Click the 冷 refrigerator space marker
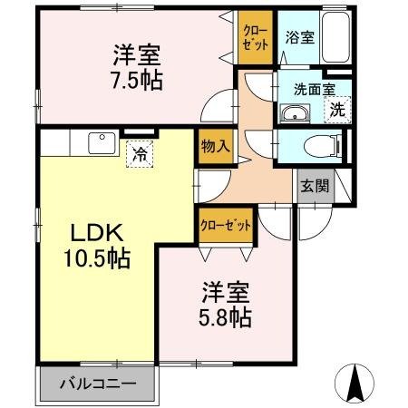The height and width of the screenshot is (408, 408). pyautogui.click(x=140, y=153)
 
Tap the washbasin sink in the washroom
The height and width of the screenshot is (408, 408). pyautogui.click(x=294, y=112)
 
